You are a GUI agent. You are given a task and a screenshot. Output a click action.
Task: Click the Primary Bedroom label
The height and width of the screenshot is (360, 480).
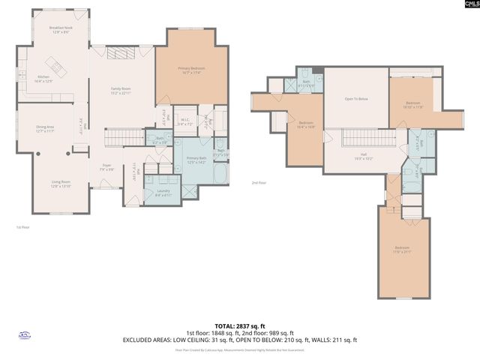click(192, 70)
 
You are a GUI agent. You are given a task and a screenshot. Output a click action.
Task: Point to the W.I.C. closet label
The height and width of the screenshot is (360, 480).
click(184, 121)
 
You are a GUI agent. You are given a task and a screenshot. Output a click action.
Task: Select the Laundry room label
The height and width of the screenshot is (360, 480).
click(163, 192)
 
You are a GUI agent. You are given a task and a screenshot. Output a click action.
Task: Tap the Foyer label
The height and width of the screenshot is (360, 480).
click(106, 168)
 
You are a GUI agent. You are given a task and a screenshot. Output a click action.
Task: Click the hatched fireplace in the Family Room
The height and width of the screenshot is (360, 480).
click(118, 52)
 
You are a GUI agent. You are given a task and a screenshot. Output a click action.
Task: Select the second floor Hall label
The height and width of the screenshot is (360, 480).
click(361, 156)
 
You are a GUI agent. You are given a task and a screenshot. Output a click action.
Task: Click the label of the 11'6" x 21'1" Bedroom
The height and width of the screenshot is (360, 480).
click(403, 250)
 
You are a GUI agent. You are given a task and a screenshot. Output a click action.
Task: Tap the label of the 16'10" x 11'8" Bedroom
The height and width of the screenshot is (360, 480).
click(414, 104)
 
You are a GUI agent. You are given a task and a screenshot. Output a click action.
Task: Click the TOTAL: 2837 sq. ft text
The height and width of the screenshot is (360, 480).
click(239, 325)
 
